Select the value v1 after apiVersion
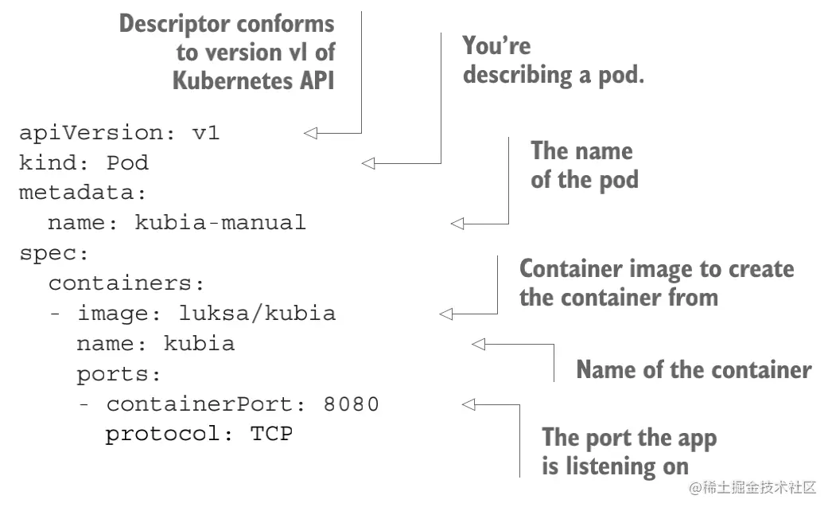coord(205,133)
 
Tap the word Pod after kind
coord(127,163)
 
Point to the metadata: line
coord(84,193)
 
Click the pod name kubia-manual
coord(220,223)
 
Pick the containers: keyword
coord(127,283)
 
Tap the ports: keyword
coord(119,374)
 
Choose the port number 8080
coord(351,404)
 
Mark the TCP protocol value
coord(272,435)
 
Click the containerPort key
coord(201,404)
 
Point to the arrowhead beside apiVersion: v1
coord(311,133)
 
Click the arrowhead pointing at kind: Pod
coord(367,163)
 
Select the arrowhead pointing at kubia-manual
coord(457,224)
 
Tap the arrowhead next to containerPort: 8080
coord(468,404)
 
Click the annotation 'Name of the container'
coord(694,370)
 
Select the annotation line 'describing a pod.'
coord(553,75)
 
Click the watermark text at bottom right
coord(753,487)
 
